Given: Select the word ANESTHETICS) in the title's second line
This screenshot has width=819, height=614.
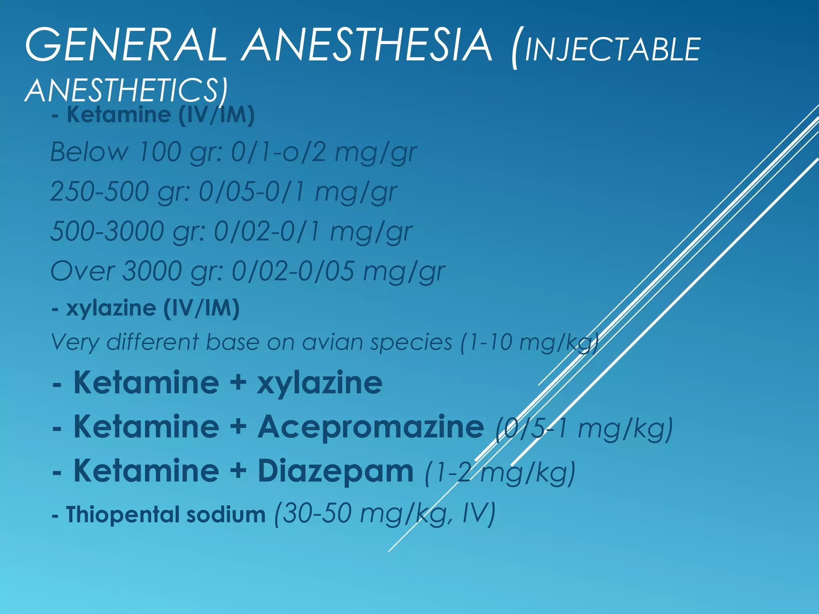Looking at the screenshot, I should (126, 90).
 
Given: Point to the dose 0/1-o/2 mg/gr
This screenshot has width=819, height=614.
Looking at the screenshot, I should (324, 153).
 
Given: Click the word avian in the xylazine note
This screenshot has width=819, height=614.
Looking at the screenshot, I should (332, 343).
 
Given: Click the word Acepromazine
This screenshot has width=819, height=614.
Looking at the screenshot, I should (370, 427).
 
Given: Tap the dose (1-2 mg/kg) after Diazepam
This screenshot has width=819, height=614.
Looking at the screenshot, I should (500, 473).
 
